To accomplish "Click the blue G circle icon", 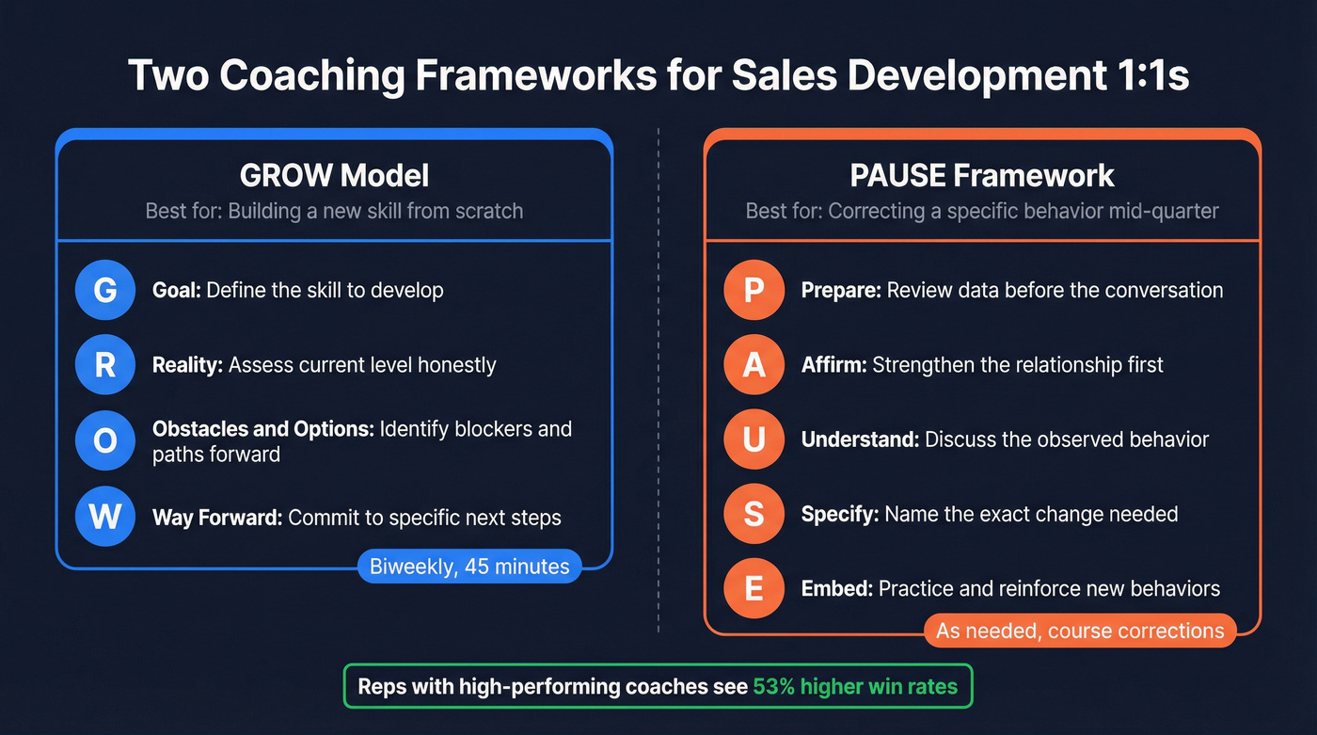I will tap(105, 290).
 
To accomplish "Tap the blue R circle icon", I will tap(105, 365).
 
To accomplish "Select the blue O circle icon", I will tap(105, 440).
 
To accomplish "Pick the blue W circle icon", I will tap(105, 517).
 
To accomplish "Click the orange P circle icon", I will tap(754, 290).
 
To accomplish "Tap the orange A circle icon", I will tap(754, 364).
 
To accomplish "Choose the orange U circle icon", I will tap(754, 439).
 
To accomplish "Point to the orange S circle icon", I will tap(754, 514).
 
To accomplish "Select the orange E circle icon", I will tap(754, 589).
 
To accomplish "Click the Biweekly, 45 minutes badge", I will tap(469, 567).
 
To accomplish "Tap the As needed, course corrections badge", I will tap(1080, 631).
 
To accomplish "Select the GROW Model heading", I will tap(334, 175).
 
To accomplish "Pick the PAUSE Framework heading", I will tap(982, 175).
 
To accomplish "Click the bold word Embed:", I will tap(836, 589).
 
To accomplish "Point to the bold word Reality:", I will tap(187, 365).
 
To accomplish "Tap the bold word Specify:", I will tap(840, 514).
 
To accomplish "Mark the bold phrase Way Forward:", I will tap(216, 518).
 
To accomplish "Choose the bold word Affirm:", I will tap(833, 364).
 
